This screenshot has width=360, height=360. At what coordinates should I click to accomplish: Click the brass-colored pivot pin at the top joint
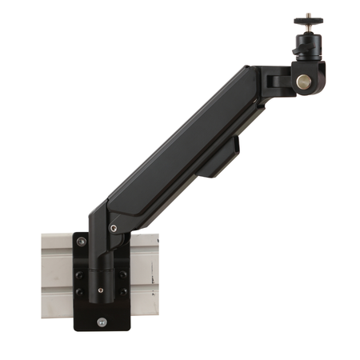point(303,82)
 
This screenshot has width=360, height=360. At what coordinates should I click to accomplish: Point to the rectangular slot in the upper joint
point(277,81)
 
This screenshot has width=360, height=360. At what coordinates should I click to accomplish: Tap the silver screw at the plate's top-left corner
point(81,240)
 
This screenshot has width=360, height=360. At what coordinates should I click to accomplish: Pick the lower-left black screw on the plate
point(78,292)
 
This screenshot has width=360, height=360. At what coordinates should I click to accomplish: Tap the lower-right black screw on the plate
point(122,292)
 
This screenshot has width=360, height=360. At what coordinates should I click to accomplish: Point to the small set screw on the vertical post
point(99,290)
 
